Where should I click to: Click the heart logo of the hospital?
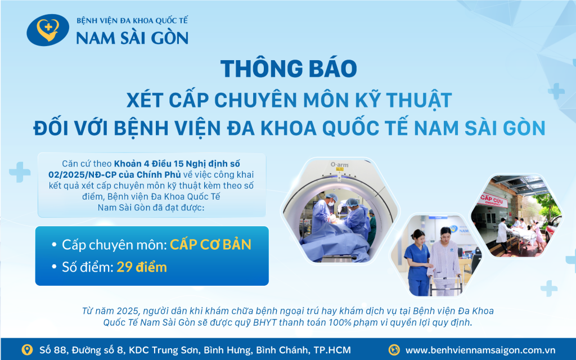(48, 30)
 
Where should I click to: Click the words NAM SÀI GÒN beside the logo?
(132, 38)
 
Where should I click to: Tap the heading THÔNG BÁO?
(288, 68)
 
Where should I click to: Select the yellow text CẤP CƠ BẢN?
(210, 245)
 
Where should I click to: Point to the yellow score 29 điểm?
(142, 267)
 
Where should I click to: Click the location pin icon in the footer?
(27, 349)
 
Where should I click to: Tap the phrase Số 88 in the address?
(51, 350)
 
